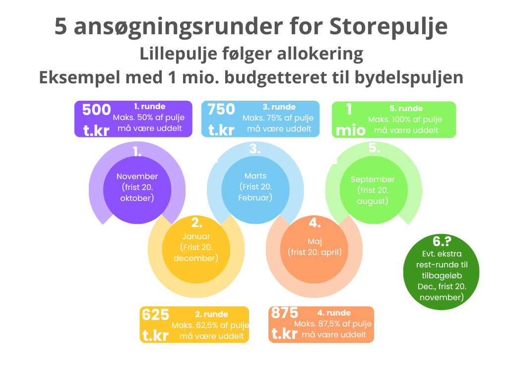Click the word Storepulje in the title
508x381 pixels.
[388, 27]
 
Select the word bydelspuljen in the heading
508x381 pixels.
[409, 78]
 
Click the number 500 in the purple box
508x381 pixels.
[97, 110]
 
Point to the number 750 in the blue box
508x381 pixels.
[221, 110]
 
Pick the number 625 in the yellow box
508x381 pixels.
[155, 315]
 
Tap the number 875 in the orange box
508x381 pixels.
[284, 313]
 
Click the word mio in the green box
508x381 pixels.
[351, 130]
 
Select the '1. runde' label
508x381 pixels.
[150, 107]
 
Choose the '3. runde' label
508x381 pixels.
[279, 107]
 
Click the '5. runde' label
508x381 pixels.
[406, 109]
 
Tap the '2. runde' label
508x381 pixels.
[211, 314]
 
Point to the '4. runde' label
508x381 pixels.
[334, 313]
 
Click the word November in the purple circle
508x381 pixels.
[137, 177]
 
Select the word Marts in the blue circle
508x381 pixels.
[255, 176]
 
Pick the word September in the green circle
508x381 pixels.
[373, 180]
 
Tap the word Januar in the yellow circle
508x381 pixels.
[196, 237]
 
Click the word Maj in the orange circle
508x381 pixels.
[315, 242]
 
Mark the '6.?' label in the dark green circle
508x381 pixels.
[442, 242]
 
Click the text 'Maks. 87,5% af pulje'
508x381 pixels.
[333, 324]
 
